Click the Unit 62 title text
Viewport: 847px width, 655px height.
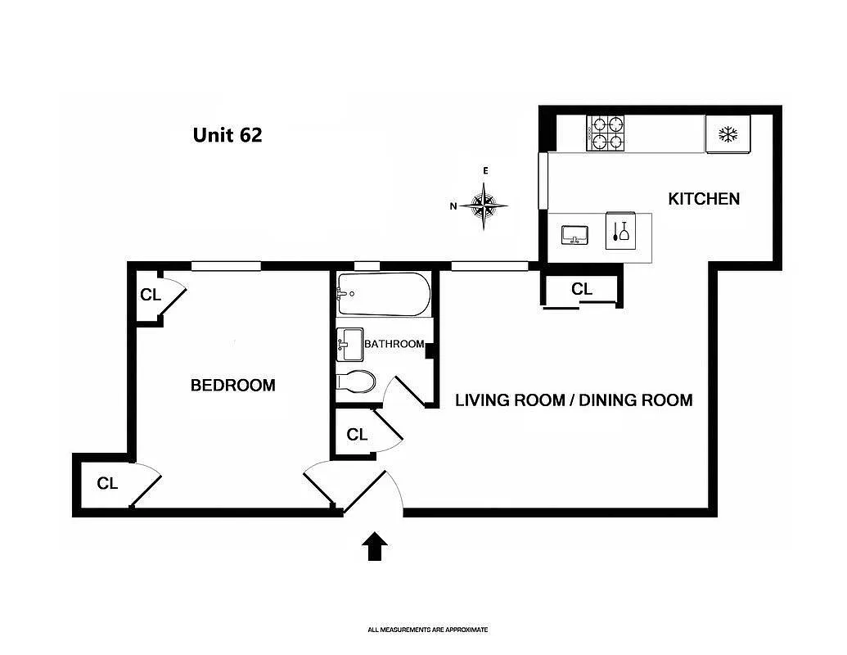point(228,135)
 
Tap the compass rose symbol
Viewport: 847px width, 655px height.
point(484,205)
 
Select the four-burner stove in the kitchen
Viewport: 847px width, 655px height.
point(606,133)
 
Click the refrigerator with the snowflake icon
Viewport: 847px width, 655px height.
point(728,134)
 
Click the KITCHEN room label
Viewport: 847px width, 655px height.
point(704,199)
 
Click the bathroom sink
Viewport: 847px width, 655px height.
point(349,344)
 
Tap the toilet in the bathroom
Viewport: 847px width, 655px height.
point(357,382)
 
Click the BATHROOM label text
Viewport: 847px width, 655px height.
point(394,344)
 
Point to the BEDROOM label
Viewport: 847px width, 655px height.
point(232,385)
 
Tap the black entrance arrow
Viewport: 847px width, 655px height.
point(375,545)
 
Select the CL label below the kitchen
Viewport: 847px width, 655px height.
point(582,289)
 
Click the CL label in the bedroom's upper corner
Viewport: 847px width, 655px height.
point(151,295)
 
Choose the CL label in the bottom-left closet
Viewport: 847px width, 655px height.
point(107,484)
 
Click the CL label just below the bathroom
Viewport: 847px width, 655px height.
point(357,435)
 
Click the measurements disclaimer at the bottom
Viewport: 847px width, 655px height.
point(427,630)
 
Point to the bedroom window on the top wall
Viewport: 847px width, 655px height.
point(226,265)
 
